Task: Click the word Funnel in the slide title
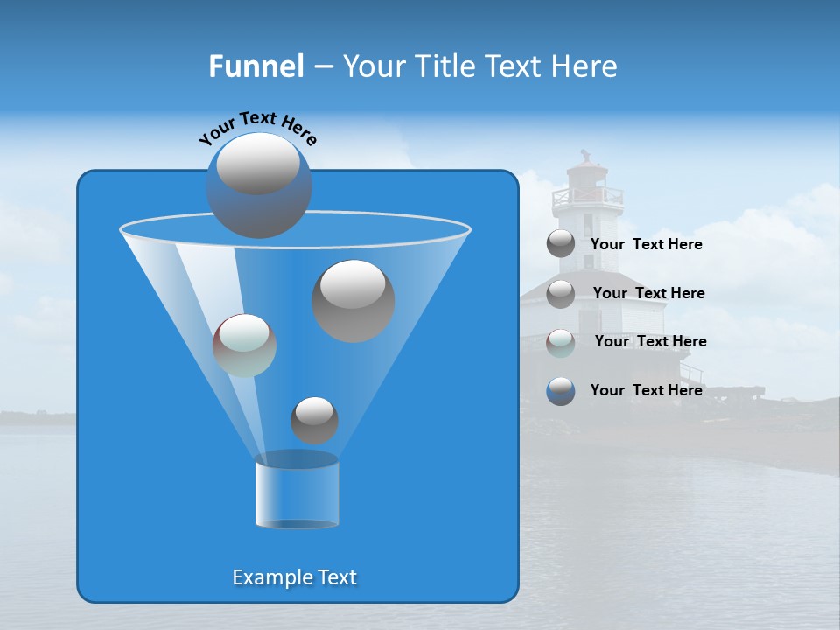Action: tap(255, 66)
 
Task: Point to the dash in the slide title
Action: tap(322, 67)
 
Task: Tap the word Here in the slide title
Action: tap(586, 66)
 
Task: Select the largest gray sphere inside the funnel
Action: tap(353, 301)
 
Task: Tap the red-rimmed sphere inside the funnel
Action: tap(244, 346)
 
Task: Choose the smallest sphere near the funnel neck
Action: tap(314, 421)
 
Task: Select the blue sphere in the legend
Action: tap(561, 391)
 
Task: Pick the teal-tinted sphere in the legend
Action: tap(561, 342)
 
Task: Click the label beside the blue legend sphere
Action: tap(646, 390)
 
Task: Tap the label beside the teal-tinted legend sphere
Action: tap(650, 341)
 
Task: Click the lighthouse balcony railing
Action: tap(585, 200)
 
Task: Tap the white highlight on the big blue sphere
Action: tap(257, 164)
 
